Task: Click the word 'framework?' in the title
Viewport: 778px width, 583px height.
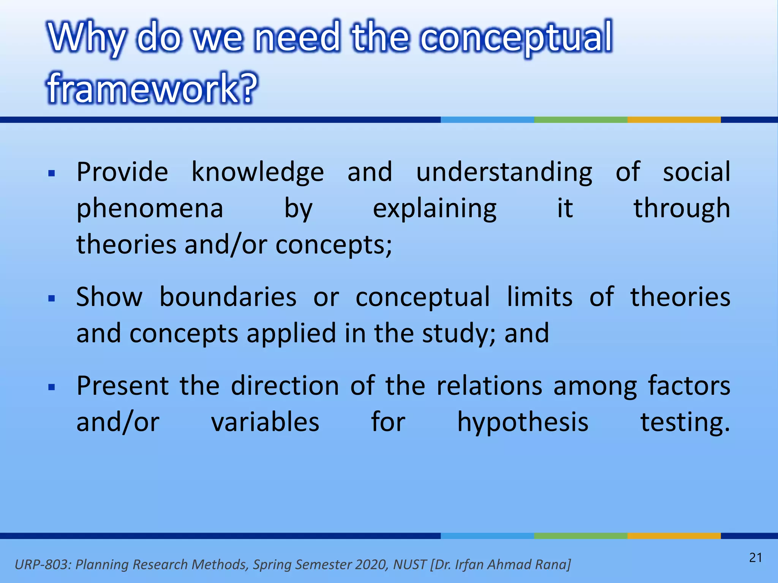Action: (152, 88)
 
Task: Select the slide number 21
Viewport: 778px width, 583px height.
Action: (756, 558)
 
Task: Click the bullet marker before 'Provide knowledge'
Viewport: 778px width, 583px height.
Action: (52, 174)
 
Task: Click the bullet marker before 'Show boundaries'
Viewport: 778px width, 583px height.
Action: (52, 298)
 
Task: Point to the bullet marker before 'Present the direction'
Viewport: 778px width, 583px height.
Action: (52, 387)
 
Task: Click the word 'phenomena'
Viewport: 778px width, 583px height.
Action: (150, 209)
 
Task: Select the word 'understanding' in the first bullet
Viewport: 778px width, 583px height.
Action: (504, 172)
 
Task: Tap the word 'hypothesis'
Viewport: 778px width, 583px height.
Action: (523, 422)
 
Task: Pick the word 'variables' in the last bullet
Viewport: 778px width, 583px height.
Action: (265, 422)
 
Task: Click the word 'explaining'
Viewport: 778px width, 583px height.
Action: (435, 209)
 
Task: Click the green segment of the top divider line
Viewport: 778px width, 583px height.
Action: (580, 120)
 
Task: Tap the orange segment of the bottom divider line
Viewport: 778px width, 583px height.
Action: (674, 536)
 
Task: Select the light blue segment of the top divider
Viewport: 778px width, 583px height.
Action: (487, 120)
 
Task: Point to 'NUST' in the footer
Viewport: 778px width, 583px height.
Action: (410, 564)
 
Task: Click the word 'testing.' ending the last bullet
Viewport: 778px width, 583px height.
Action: (685, 422)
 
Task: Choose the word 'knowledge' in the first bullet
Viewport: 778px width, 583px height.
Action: (258, 172)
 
